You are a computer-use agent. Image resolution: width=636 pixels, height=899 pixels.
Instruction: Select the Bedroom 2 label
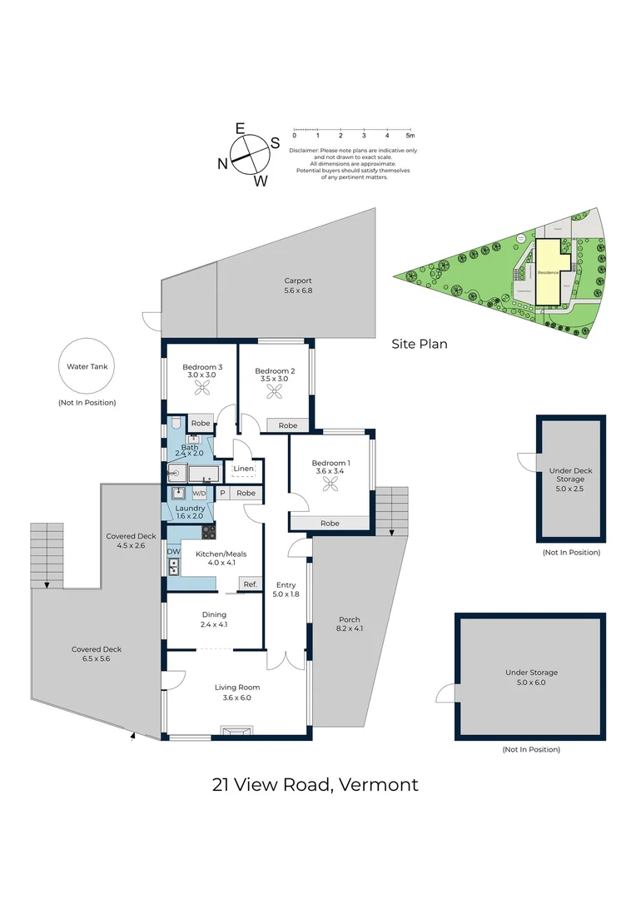(x=275, y=371)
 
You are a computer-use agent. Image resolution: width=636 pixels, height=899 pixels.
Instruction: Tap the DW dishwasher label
(x=174, y=551)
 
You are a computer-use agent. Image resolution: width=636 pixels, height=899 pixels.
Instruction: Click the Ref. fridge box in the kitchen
(x=251, y=584)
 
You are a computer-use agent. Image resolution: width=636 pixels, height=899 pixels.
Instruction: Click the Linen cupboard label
(x=243, y=469)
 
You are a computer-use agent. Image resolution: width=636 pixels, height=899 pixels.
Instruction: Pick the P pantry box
(x=222, y=493)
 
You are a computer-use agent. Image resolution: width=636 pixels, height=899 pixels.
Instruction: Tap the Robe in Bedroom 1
(x=330, y=524)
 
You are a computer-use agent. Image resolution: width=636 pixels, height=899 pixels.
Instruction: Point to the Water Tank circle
(x=87, y=366)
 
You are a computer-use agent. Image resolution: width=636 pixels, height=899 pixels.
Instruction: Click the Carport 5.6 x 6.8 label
(x=297, y=286)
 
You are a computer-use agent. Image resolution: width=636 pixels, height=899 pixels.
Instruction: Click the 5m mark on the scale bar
(x=410, y=135)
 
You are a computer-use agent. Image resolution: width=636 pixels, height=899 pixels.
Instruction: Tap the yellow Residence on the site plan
(x=547, y=272)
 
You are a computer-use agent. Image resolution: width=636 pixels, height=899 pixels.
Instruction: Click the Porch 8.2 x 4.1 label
(x=350, y=623)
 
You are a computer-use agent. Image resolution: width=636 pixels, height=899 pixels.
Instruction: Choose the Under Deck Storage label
(x=570, y=474)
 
